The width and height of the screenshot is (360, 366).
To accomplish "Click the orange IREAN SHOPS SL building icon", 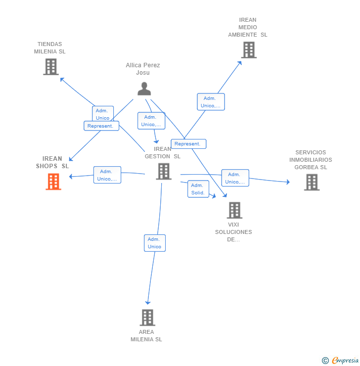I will tap(53, 182).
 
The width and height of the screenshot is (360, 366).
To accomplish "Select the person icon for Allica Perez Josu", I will tap(144, 89).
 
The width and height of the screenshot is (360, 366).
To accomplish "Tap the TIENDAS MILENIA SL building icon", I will tap(50, 67).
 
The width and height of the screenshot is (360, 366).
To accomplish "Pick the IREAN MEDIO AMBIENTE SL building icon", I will tap(249, 50).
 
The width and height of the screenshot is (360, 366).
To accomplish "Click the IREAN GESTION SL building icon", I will tap(163, 171).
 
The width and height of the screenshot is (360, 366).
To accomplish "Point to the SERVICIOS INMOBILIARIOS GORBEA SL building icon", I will tap(311, 182).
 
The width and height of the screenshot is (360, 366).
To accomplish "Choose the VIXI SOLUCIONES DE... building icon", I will tap(234, 210).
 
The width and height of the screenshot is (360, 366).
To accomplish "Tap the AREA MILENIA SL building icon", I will tap(147, 318).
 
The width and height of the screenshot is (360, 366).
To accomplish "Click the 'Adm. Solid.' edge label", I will tap(198, 189).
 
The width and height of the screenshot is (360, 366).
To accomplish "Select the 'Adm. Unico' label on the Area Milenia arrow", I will tap(154, 243).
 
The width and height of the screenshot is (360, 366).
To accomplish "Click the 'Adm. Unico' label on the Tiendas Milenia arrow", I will tap(102, 114).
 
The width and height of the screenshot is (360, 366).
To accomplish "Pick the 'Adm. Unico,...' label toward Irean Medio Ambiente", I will tap(211, 102).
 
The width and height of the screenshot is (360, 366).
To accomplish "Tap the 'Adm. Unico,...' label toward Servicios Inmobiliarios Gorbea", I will tap(235, 178).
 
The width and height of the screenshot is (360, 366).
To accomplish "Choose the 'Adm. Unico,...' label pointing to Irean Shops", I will tap(107, 175).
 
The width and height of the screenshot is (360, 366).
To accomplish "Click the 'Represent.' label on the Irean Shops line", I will tap(101, 126).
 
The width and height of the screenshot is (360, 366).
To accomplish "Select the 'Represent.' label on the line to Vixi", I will tap(188, 144).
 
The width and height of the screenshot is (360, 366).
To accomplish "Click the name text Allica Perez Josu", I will tap(143, 69).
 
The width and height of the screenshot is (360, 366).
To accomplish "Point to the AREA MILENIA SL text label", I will tap(146, 335).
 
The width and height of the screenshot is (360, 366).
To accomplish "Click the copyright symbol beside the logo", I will tap(325, 361).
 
